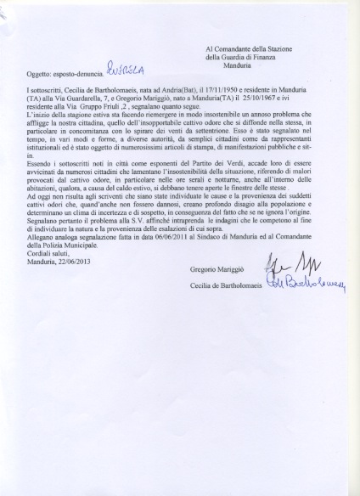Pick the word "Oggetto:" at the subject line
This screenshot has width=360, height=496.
tap(39, 75)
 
